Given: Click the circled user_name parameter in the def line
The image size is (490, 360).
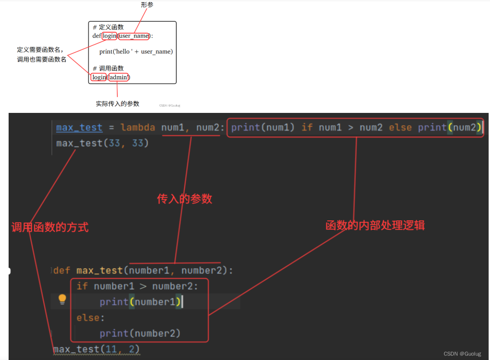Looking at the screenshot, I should (x=134, y=36).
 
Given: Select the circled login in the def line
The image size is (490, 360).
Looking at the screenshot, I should (x=110, y=36).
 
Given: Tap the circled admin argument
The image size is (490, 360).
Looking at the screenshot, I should (x=118, y=78).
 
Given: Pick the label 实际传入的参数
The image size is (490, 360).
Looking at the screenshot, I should (x=117, y=104).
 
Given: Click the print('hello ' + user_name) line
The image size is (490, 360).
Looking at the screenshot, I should (x=136, y=52).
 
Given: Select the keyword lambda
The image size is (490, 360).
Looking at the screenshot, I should (x=138, y=128).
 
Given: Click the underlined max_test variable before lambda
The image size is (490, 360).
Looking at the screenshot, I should (x=79, y=128).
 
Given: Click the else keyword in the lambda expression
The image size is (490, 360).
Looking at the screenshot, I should (x=400, y=128).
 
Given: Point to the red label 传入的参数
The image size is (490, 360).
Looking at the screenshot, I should (x=184, y=199).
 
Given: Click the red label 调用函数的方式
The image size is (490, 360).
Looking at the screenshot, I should (x=50, y=227).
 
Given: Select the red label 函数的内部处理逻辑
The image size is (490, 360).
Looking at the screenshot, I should (x=375, y=225).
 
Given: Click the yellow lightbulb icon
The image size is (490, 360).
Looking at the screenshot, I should (x=63, y=299).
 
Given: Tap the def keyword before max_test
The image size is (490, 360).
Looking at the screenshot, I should (x=62, y=271).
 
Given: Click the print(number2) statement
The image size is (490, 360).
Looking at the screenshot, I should (x=140, y=334).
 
